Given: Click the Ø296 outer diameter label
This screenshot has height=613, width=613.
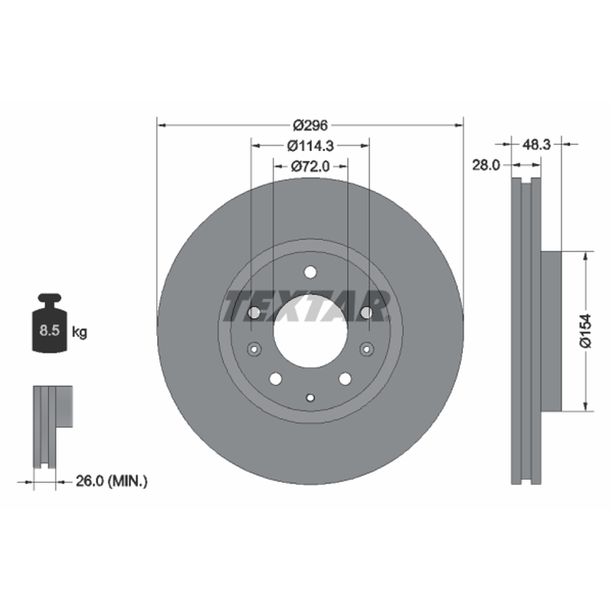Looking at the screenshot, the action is click(310, 126).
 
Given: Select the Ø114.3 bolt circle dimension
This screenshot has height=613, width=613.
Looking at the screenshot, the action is click(310, 146).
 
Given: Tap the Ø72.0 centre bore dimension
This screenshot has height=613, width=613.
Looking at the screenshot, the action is click(310, 166).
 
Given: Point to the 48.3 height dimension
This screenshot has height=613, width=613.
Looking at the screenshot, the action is click(536, 145).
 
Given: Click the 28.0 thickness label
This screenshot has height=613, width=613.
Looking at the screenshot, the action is click(486, 165).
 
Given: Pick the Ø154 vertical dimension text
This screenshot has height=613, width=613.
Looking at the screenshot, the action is click(585, 331).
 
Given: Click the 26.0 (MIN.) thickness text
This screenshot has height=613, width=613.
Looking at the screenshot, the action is click(111, 481).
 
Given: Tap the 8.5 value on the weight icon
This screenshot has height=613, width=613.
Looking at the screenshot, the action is click(49, 330).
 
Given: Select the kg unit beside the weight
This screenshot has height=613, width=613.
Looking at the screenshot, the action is click(80, 333).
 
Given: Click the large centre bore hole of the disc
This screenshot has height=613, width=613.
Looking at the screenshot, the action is click(310, 332).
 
